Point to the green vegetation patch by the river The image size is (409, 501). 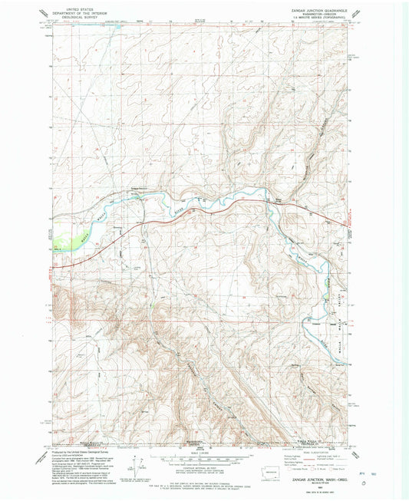click(x=69, y=231)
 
